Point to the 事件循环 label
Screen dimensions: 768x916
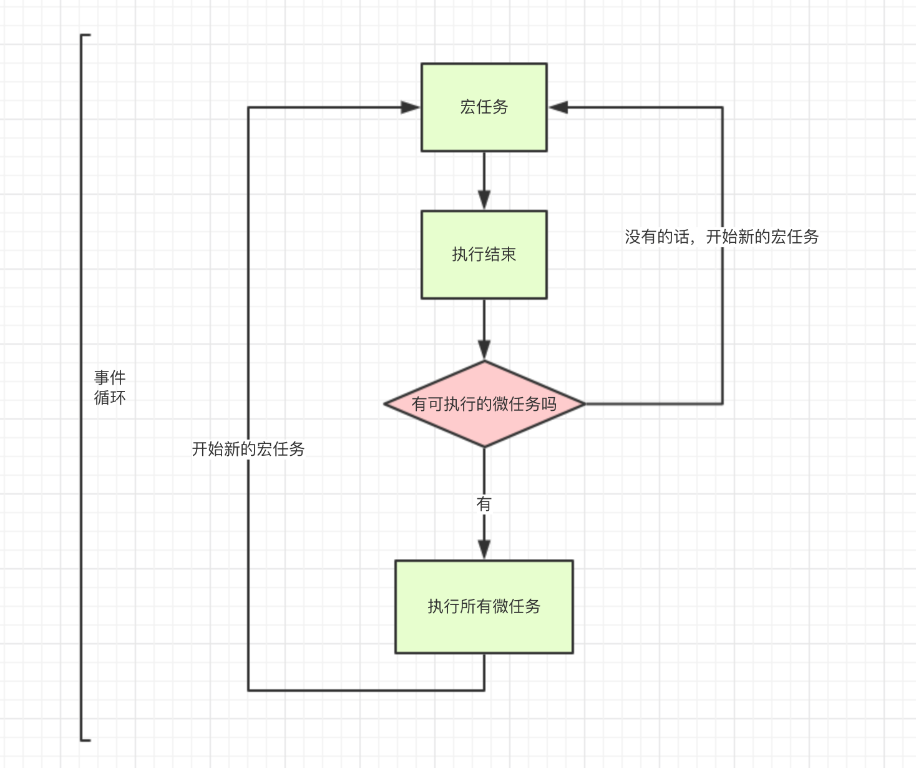110,388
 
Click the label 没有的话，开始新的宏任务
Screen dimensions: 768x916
721,237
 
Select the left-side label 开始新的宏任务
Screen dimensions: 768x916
248,449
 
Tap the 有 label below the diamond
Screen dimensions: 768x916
484,503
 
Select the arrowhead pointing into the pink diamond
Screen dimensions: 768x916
484,350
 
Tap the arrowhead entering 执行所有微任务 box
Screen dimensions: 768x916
484,549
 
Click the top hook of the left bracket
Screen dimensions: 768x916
86,36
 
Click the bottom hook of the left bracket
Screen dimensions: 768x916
86,740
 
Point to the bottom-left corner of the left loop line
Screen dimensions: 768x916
248,690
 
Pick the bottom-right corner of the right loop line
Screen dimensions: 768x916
723,404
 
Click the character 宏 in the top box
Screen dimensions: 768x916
467,107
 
